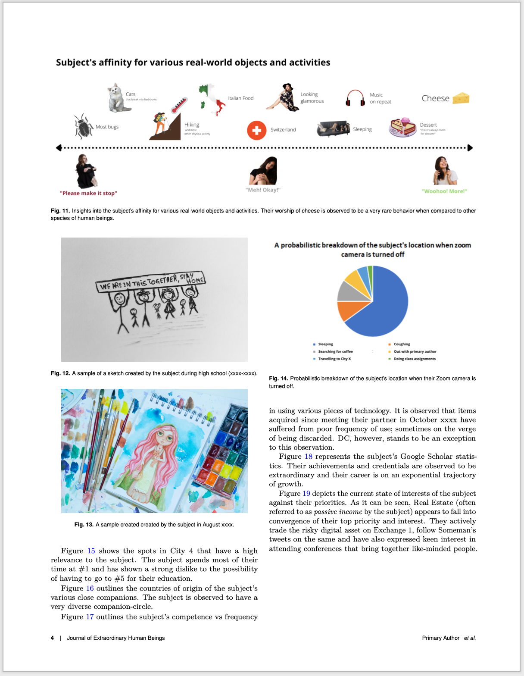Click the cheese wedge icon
[x=461, y=98]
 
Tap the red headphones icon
[x=356, y=98]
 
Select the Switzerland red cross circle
[x=256, y=130]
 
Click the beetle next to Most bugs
[x=83, y=126]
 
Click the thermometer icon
[x=179, y=105]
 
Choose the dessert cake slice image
[x=403, y=128]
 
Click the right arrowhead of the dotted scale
[x=470, y=148]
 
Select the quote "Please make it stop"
[x=88, y=193]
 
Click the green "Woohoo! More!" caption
[x=444, y=191]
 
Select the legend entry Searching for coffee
[x=335, y=351]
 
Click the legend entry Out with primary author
[x=415, y=351]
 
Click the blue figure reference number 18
[x=308, y=457]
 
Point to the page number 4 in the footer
[x=52, y=638]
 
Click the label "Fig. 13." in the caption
[x=84, y=525]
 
